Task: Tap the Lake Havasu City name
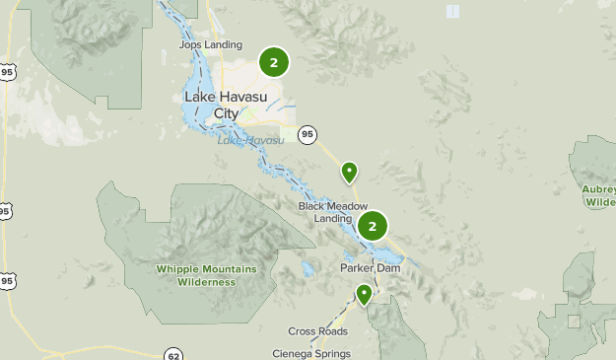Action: pyautogui.click(x=226, y=105)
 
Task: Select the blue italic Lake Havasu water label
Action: pyautogui.click(x=250, y=140)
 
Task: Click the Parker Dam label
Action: pyautogui.click(x=368, y=267)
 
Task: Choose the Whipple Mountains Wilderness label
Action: pyautogui.click(x=205, y=275)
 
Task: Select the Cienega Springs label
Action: pyautogui.click(x=311, y=353)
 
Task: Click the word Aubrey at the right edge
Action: pyautogui.click(x=599, y=188)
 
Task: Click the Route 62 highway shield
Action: pyautogui.click(x=173, y=354)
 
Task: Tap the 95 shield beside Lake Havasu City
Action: pyautogui.click(x=308, y=133)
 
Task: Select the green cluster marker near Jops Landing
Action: pyautogui.click(x=274, y=63)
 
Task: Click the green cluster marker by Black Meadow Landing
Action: pyautogui.click(x=373, y=227)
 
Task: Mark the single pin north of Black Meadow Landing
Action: pyautogui.click(x=349, y=173)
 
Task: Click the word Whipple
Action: pyautogui.click(x=178, y=269)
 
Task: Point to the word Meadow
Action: pyautogui.click(x=334, y=205)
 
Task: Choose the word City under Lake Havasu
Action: pyautogui.click(x=226, y=112)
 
